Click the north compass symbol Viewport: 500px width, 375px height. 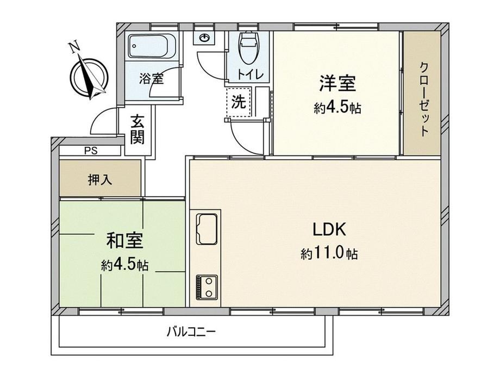point(89,77)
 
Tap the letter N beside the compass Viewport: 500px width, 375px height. point(74,47)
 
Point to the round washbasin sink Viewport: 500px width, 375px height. point(204,38)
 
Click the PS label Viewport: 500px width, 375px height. point(91,151)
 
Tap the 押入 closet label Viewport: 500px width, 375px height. point(100,180)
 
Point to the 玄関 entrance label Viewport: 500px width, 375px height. point(137,129)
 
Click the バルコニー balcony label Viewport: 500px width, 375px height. point(191,332)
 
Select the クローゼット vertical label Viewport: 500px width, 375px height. point(424,99)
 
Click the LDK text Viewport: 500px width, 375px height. point(329,229)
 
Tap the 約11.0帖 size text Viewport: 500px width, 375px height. point(329,254)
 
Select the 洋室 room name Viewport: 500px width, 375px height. point(337,83)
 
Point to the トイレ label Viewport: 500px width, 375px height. point(251,74)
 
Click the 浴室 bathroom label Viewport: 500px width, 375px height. point(152,78)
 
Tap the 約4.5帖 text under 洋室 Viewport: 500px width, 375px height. point(337,108)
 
